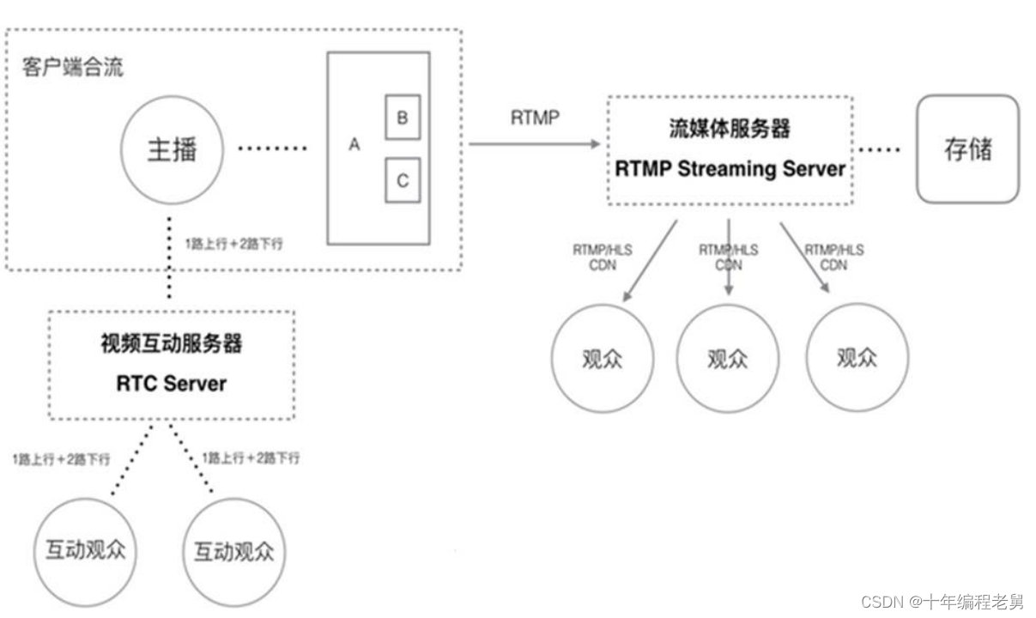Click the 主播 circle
pos(172,151)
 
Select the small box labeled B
pos(402,118)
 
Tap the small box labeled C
pos(402,180)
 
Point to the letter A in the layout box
pos(354,145)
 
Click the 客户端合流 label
pos(73,67)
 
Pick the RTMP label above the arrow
pos(535,118)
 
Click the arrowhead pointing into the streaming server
pos(594,144)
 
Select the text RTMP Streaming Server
pos(730,168)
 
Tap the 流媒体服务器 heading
pos(730,129)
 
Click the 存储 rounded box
pos(967,149)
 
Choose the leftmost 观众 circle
pos(602,358)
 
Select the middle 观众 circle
pos(728,358)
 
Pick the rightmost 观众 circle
pos(857,357)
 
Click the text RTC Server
pos(172,383)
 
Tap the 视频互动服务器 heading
pos(172,343)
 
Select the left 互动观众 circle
pos(86,549)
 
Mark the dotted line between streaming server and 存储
pos(880,149)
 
